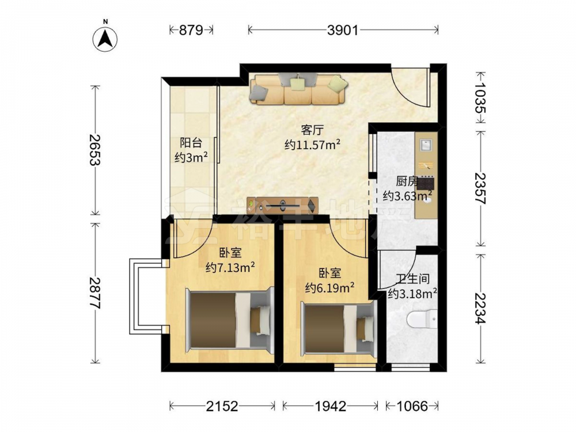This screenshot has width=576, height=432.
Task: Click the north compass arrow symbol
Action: click(x=105, y=39)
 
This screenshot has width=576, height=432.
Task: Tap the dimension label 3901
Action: click(x=343, y=30)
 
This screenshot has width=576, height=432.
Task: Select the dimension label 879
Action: click(x=191, y=30)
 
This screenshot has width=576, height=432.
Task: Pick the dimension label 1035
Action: click(x=480, y=97)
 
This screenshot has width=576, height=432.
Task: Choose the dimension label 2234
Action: click(x=480, y=308)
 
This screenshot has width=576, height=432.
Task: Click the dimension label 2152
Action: click(x=222, y=406)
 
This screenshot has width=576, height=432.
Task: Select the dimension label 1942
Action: click(x=331, y=406)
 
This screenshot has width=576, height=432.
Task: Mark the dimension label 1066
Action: click(x=412, y=406)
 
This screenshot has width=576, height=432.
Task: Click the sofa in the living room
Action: click(x=298, y=89)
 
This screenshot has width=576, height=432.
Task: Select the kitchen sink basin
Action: click(x=426, y=145)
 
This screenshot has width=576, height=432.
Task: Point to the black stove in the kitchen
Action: click(x=426, y=183)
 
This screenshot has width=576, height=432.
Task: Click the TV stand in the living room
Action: click(x=282, y=205)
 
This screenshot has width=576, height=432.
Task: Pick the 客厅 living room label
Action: click(x=312, y=130)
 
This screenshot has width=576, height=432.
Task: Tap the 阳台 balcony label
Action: click(x=191, y=142)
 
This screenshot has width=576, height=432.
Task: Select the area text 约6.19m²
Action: click(x=330, y=287)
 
